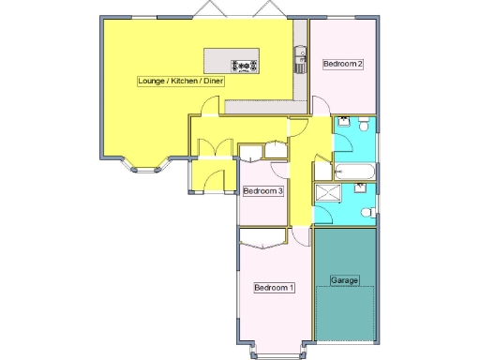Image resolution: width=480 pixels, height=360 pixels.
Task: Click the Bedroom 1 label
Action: [275, 288]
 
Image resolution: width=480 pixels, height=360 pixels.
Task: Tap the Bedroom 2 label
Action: [342, 64]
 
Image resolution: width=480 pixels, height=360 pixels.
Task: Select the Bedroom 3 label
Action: [263, 191]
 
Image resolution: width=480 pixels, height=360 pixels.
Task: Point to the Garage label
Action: [345, 280]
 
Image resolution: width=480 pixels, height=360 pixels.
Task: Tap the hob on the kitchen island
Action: [246, 65]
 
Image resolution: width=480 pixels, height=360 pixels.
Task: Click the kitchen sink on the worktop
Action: [301, 58]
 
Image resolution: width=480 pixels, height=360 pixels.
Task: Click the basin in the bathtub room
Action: [343, 122]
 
